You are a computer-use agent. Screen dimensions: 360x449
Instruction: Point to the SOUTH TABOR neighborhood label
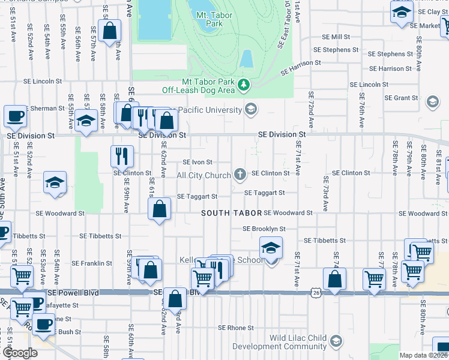[x=231, y=213]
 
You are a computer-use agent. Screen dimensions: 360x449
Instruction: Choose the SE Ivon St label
[x=197, y=162]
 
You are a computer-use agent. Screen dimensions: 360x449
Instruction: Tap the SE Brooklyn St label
[x=264, y=229]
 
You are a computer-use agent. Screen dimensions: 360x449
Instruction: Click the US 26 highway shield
[x=315, y=292]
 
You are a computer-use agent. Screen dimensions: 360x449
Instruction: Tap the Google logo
[x=20, y=353]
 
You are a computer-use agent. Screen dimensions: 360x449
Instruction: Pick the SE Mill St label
[x=336, y=37]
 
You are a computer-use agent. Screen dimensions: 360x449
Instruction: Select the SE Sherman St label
[x=43, y=109]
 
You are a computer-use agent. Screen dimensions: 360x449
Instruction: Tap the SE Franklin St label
[x=92, y=263]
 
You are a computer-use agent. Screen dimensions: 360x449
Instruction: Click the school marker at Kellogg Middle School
[x=271, y=247]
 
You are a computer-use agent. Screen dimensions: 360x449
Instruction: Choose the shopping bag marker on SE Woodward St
[x=160, y=210]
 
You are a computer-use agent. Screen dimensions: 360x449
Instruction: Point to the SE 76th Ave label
[x=362, y=110]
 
